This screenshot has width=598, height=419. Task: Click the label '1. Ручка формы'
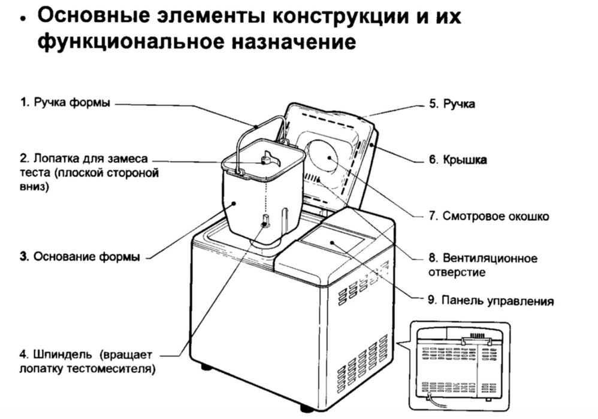pos(65,102)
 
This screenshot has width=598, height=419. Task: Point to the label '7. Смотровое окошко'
pos(488,216)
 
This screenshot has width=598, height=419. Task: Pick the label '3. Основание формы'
pos(79,257)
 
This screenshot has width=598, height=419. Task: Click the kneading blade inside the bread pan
pos(264,160)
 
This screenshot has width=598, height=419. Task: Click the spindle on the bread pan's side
pos(264,223)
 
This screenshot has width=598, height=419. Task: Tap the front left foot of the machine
pos(207,366)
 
